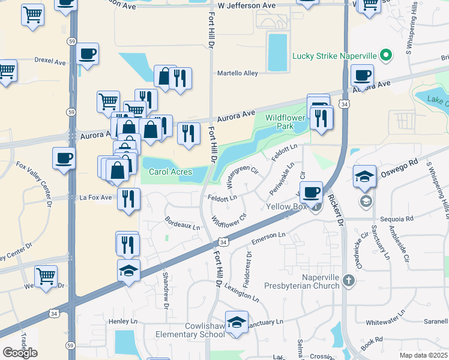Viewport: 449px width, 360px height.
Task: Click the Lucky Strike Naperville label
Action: pyautogui.click(x=334, y=56)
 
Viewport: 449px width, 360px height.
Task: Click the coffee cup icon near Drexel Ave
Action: pyautogui.click(x=88, y=54)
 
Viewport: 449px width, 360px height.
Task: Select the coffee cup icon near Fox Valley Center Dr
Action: pyautogui.click(x=64, y=158)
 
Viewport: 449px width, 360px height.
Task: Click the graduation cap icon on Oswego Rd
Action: pyautogui.click(x=364, y=176)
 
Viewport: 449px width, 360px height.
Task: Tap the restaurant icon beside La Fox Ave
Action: pyautogui.click(x=129, y=199)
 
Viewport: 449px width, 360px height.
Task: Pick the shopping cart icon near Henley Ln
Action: pyautogui.click(x=46, y=277)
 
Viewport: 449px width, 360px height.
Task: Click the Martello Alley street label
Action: pyautogui.click(x=238, y=73)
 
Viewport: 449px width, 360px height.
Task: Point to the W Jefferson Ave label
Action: pyautogui.click(x=246, y=5)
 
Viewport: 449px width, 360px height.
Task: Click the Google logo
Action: pyautogui.click(x=20, y=352)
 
